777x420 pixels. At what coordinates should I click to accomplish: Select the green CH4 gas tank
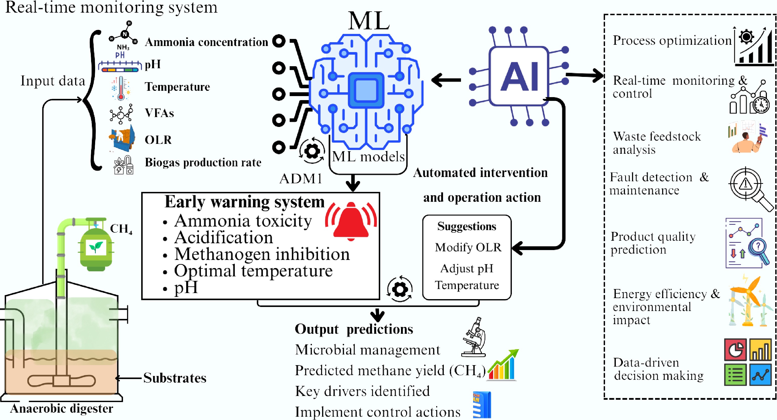point(96,249)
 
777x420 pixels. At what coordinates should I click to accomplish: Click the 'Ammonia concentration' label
point(206,42)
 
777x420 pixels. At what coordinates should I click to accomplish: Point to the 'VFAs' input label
point(159,113)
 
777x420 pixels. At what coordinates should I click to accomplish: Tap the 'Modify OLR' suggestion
point(468,247)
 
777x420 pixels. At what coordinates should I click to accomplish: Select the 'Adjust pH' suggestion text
point(467,268)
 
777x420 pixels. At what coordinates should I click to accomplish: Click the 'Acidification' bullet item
point(223,238)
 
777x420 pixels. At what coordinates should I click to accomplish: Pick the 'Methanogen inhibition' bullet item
point(262,254)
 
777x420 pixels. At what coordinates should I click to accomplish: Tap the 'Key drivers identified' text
point(362,391)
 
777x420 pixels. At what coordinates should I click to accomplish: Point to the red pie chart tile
point(735,350)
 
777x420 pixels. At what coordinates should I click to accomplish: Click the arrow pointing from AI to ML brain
point(446,80)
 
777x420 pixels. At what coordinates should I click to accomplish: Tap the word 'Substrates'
point(175,378)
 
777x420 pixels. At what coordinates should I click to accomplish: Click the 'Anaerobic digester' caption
point(61,409)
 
